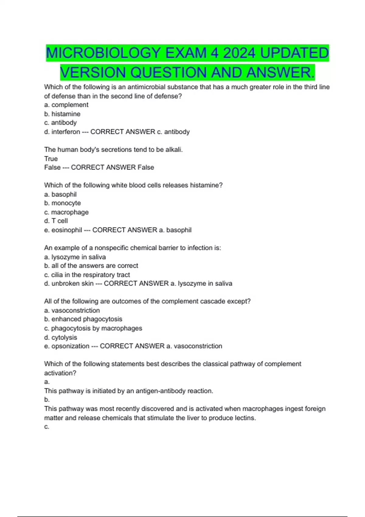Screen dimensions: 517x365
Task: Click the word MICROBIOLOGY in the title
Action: coord(103,53)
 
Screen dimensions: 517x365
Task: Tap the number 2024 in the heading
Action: coord(239,53)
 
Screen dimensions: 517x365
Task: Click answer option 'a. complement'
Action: coord(66,105)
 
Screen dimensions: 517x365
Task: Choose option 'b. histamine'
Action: coord(62,114)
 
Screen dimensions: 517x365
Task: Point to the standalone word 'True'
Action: coord(51,159)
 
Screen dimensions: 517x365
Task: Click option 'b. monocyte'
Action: coord(62,203)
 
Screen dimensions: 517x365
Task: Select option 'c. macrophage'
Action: coord(66,212)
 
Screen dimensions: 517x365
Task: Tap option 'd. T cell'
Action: coord(56,221)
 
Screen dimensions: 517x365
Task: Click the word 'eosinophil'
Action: coord(67,230)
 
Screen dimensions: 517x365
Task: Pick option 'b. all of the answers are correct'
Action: coord(91,266)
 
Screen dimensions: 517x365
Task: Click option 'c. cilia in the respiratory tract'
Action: coord(87,275)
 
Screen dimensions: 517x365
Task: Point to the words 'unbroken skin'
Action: coord(72,284)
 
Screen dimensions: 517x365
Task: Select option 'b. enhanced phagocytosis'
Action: coord(83,319)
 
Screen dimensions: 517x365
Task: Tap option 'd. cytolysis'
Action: coord(61,338)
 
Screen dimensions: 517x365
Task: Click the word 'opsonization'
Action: coord(70,346)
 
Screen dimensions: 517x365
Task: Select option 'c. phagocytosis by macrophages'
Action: coord(93,328)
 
